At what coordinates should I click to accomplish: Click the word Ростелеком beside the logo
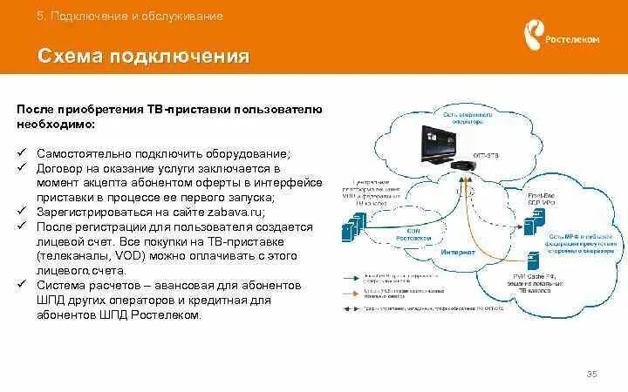pos(572,39)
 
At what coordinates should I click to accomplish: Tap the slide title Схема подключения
pos(144,57)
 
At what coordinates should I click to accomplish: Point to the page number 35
pos(592,374)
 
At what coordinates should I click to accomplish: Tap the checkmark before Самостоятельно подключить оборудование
pos(22,153)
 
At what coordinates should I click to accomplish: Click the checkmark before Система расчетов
pos(22,286)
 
